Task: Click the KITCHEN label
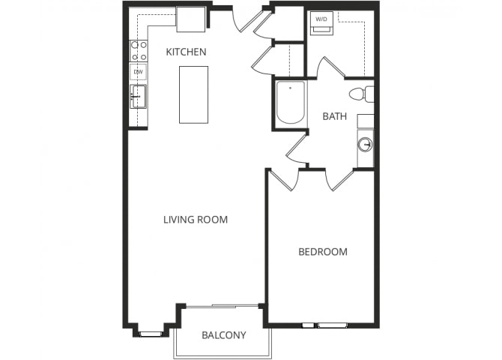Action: [186, 52]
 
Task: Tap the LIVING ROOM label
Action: [196, 220]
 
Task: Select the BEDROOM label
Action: [323, 252]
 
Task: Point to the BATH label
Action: [335, 116]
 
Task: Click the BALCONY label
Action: [224, 335]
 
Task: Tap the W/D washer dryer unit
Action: [321, 23]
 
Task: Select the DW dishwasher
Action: [139, 72]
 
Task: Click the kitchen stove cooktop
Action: [139, 51]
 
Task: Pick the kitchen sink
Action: [139, 97]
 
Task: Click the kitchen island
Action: [194, 94]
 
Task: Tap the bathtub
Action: [291, 103]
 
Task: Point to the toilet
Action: [362, 94]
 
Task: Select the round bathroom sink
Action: [365, 144]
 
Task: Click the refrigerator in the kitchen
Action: [191, 19]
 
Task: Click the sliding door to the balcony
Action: [223, 306]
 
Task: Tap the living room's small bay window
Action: [151, 334]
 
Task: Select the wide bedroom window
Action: [333, 325]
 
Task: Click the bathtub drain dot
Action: [291, 88]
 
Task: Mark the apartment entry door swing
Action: [248, 20]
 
